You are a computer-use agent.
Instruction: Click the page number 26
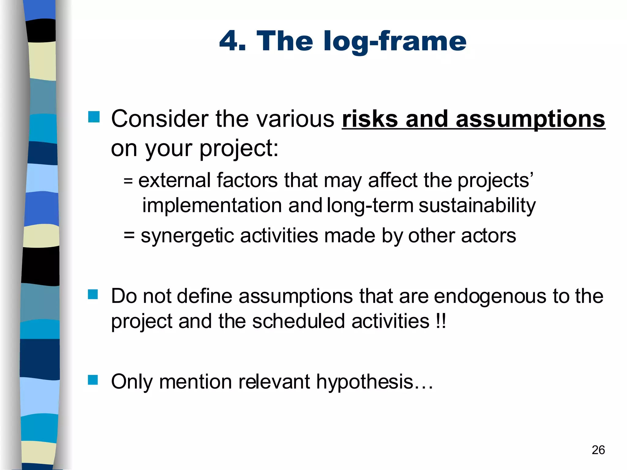[x=598, y=450]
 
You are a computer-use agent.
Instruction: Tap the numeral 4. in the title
[x=233, y=41]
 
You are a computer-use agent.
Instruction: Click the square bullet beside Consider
[x=94, y=117]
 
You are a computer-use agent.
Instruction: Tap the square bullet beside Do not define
[x=93, y=294]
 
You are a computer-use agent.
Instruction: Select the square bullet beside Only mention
[x=93, y=380]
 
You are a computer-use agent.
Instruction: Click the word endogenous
[x=490, y=297]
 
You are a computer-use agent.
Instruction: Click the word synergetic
[x=187, y=236]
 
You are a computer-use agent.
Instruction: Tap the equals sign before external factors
[x=128, y=181]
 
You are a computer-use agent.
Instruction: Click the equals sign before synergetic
[x=129, y=236]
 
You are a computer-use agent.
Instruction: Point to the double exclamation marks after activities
[x=440, y=321]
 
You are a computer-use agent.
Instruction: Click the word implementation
[x=212, y=206]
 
